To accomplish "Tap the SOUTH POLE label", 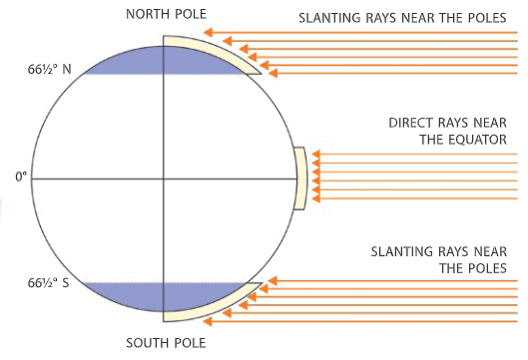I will pyautogui.click(x=166, y=343).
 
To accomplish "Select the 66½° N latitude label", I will pyautogui.click(x=49, y=71).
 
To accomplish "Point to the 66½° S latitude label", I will pyautogui.click(x=49, y=283).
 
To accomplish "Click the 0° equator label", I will pyautogui.click(x=21, y=179).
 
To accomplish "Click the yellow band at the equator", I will pyautogui.click(x=299, y=178).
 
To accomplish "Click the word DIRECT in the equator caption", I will pyautogui.click(x=412, y=124).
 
